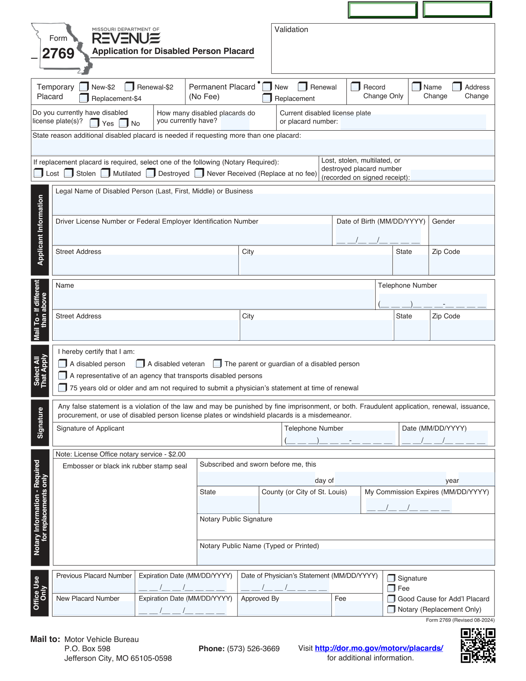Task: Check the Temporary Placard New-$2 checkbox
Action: tap(84, 87)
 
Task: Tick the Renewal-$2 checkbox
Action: tap(129, 87)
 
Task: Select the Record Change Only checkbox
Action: tap(355, 87)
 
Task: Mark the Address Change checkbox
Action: tap(457, 87)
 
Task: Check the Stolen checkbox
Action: tap(69, 173)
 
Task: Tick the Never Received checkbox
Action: tap(199, 173)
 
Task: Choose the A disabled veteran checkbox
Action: tap(140, 364)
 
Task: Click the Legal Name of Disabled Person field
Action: tap(273, 204)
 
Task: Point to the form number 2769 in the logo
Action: tap(58, 53)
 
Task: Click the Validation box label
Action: tap(291, 29)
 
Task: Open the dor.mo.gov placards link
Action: tap(379, 648)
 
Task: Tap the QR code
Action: tap(478, 645)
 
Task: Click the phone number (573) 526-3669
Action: tap(253, 649)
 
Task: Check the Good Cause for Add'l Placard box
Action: tap(391, 599)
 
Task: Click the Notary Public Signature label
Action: tap(236, 519)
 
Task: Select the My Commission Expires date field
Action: tap(408, 506)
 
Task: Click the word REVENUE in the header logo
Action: tap(126, 39)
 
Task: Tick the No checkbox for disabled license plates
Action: tap(124, 123)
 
